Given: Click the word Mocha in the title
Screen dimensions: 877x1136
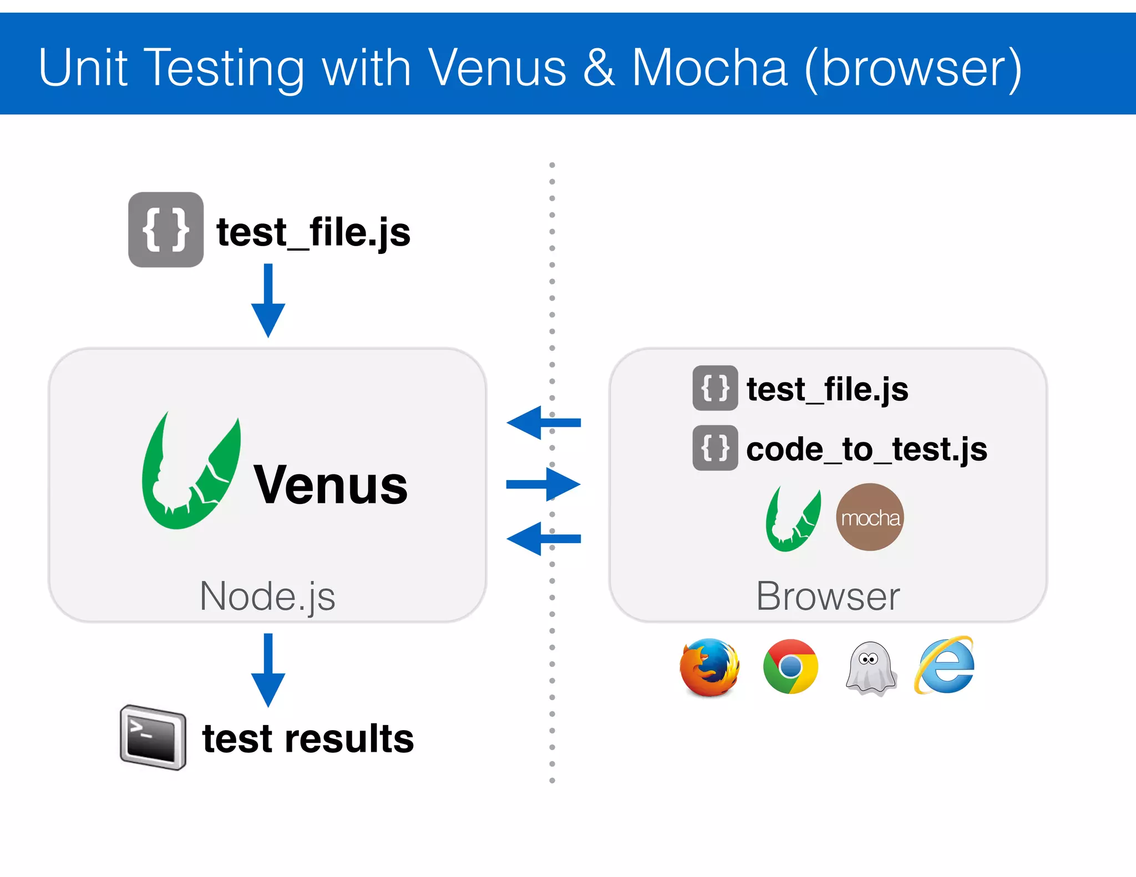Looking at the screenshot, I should click(x=709, y=68).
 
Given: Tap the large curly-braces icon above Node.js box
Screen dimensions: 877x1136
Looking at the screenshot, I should click(x=165, y=230).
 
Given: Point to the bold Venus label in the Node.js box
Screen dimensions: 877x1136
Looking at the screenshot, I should click(x=331, y=486).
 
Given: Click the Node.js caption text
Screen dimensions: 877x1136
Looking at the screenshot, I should click(x=267, y=596).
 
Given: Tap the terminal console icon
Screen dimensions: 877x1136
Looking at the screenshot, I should click(x=153, y=737).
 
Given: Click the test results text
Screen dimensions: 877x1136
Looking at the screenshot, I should click(x=308, y=739).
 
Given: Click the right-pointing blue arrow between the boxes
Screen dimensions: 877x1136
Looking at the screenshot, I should click(x=544, y=485).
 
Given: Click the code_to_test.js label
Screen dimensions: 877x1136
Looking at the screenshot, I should click(x=866, y=449).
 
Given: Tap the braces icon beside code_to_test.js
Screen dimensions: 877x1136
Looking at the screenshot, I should click(x=715, y=448).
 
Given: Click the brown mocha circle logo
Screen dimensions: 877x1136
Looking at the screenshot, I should click(x=870, y=517).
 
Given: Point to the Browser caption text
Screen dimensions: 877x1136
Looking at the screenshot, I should click(x=828, y=596).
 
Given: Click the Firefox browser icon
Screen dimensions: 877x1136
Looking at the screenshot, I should click(x=709, y=667).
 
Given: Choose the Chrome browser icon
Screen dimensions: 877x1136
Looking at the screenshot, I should click(x=790, y=667).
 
